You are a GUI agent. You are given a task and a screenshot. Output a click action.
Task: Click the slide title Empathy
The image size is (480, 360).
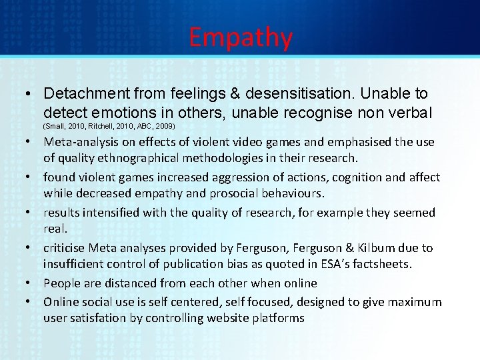point(240,37)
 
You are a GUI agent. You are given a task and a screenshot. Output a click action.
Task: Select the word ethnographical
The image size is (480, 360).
point(138,158)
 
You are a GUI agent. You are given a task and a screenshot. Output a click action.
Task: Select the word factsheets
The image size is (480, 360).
point(378,264)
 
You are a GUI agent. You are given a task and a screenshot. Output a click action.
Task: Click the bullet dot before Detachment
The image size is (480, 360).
point(31,94)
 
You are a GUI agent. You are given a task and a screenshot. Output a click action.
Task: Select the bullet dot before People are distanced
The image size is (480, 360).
point(31,283)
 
